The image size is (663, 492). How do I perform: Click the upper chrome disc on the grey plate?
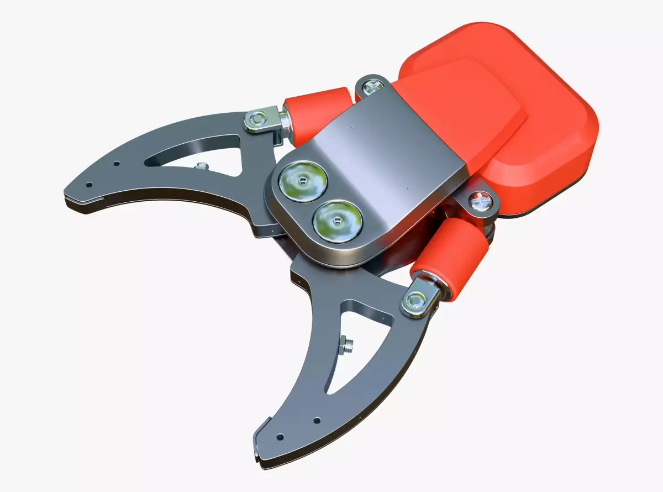click(x=303, y=181)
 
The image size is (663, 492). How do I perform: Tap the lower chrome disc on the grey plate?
click(x=337, y=221)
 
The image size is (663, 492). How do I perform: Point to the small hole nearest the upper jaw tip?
click(x=91, y=186)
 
